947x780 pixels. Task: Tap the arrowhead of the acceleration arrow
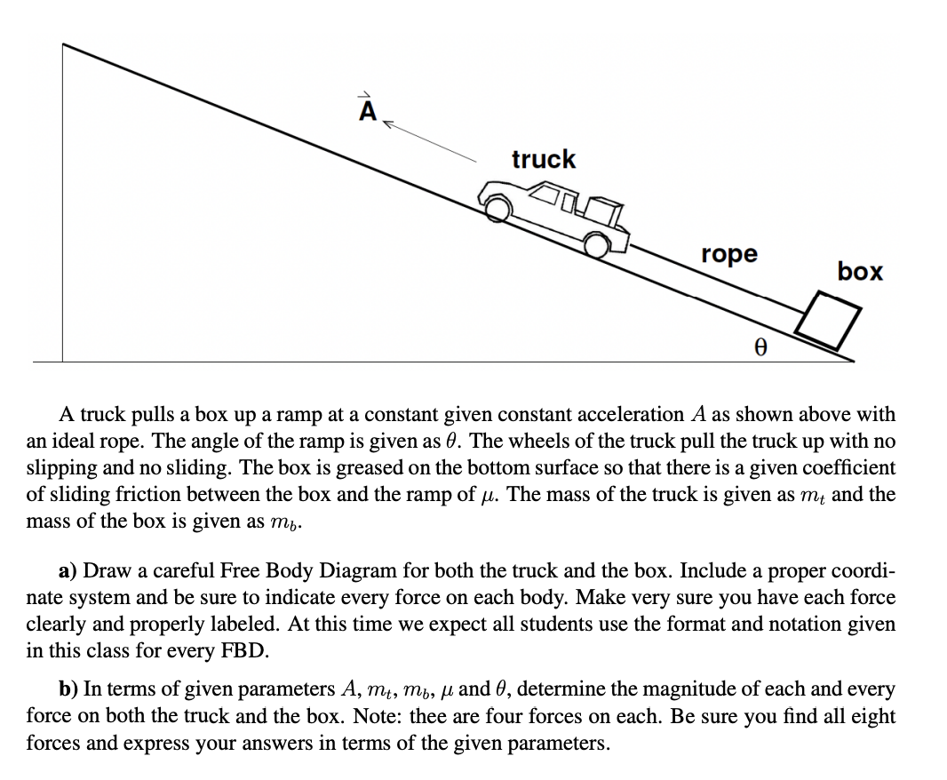tap(388, 126)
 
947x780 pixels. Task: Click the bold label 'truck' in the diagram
tap(543, 159)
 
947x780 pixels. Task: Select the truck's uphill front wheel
tap(499, 207)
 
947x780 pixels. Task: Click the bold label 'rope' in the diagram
tap(729, 254)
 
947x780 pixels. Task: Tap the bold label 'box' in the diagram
tap(859, 271)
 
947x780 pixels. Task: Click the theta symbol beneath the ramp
tap(760, 348)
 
